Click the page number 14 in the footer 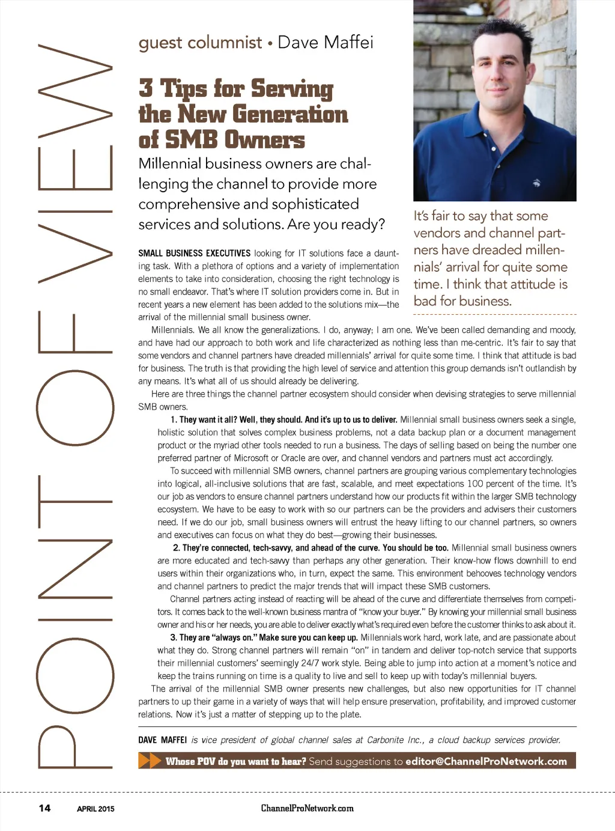click(44, 808)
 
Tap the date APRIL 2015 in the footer click(95, 809)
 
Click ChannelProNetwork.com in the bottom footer click(307, 808)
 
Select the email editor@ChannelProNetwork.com click(486, 761)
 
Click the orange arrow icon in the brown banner click(150, 761)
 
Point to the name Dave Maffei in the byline click(325, 42)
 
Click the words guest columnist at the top click(200, 43)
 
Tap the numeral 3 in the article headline click(145, 88)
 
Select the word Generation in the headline click(290, 114)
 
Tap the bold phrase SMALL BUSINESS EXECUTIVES click(194, 254)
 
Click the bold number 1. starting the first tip click(174, 419)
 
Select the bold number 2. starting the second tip click(176, 548)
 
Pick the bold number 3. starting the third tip click(174, 638)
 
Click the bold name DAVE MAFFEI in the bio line click(163, 740)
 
